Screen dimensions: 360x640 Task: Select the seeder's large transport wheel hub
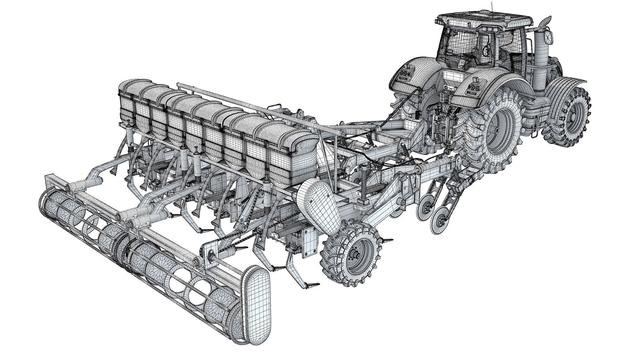pyautogui.click(x=356, y=254)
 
